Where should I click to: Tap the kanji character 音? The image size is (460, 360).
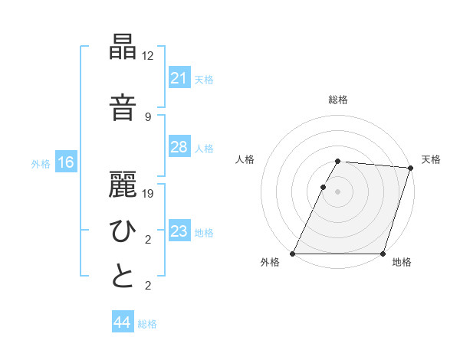(x=123, y=107)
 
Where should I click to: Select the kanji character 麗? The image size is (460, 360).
(x=123, y=185)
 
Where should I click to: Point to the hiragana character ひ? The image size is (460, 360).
(x=123, y=231)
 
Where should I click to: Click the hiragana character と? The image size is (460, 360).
(x=123, y=277)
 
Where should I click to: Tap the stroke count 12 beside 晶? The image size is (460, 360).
(x=149, y=55)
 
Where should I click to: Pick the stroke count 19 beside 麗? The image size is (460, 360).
(x=149, y=193)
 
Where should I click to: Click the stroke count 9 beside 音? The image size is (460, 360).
(x=148, y=116)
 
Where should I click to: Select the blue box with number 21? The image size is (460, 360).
(x=179, y=77)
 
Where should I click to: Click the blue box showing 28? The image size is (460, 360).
(x=179, y=147)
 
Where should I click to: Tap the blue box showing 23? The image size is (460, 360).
(x=179, y=231)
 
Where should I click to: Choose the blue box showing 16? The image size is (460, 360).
(x=65, y=162)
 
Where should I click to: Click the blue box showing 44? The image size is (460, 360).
(x=122, y=323)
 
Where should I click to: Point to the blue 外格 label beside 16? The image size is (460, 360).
(x=41, y=163)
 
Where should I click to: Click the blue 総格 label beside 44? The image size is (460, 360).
(x=147, y=324)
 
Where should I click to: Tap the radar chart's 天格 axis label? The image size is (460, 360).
(x=431, y=159)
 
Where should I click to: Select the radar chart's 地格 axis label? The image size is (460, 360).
(x=401, y=262)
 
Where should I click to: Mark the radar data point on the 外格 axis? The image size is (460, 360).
(x=293, y=254)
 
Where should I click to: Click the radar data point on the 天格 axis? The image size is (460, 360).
(x=410, y=168)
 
